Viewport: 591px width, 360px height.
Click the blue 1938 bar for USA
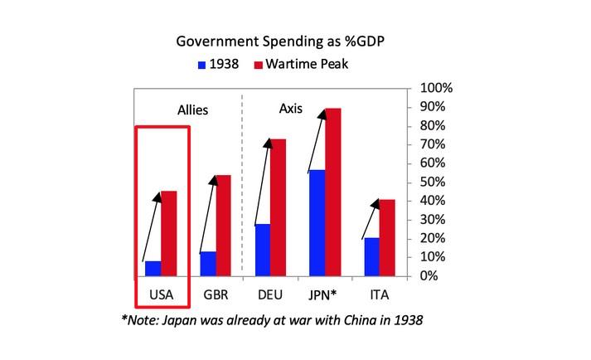click(153, 268)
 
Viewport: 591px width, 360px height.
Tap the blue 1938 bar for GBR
click(207, 263)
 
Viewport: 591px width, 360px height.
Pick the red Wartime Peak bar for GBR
click(224, 226)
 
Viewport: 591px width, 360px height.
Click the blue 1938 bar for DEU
click(262, 250)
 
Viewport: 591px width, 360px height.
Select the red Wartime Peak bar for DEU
click(279, 207)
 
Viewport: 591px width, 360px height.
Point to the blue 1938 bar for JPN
click(317, 222)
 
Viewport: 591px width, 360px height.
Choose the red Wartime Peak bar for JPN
click(333, 192)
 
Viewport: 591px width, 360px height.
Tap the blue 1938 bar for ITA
click(371, 256)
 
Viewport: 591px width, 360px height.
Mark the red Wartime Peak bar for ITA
click(388, 237)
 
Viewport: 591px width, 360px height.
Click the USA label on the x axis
click(161, 294)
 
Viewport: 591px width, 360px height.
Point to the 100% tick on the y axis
click(434, 88)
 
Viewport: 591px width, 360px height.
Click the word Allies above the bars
click(192, 109)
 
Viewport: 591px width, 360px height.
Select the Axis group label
click(290, 109)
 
